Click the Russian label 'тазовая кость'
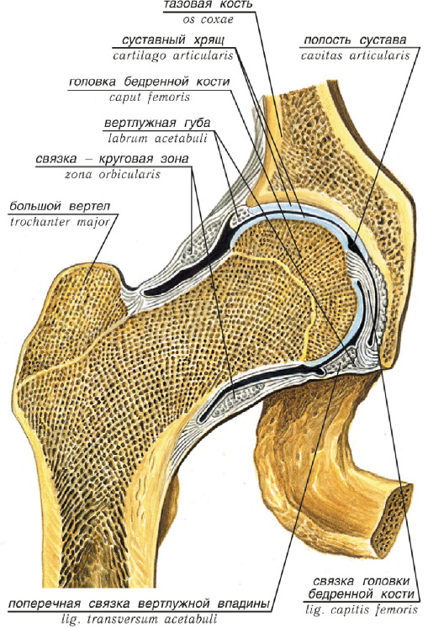tap(209, 4)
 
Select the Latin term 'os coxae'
tap(208, 19)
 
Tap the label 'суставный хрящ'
tap(173, 41)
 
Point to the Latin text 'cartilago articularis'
tap(173, 55)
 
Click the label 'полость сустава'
tap(355, 40)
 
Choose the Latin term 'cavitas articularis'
tap(356, 55)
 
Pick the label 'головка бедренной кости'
tap(150, 82)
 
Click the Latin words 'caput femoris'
tap(150, 98)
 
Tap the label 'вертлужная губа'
tap(157, 123)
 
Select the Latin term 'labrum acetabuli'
tap(157, 139)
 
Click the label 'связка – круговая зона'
tap(112, 159)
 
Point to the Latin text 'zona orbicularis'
tap(112, 174)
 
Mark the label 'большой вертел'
tap(60, 207)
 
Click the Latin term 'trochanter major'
tap(60, 222)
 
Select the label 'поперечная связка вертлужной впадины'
tap(139, 604)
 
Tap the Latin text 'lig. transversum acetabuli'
tap(139, 620)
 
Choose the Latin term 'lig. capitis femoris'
tap(362, 610)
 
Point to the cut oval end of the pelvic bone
tap(391, 520)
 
